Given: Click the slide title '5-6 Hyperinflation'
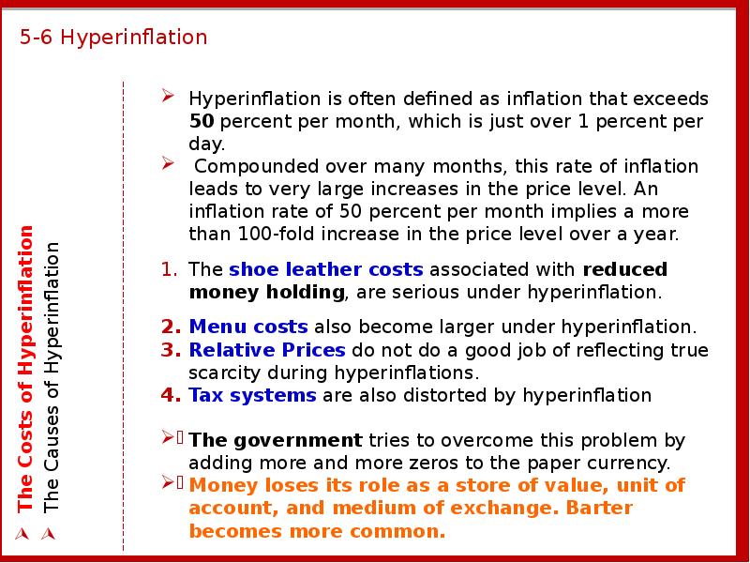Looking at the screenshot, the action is (x=113, y=38).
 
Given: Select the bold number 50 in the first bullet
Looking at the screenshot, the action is (x=202, y=121).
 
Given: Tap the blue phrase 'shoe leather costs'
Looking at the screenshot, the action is (x=325, y=269).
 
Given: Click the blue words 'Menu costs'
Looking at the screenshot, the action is (x=248, y=327).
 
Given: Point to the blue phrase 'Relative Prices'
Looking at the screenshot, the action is (x=267, y=350).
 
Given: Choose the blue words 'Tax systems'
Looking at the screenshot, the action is (x=252, y=395).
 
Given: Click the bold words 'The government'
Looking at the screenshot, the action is (x=276, y=440).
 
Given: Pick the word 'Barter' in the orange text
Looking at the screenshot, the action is (x=599, y=508).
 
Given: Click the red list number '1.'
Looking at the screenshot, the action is (x=170, y=269).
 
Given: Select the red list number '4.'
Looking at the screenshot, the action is (x=171, y=395).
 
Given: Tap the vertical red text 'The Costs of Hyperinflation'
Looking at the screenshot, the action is (x=25, y=369).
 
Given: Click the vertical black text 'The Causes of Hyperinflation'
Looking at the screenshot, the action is (x=52, y=378).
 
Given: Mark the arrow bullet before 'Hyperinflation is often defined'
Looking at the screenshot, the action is (x=168, y=96).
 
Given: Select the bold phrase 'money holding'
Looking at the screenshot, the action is (x=266, y=292).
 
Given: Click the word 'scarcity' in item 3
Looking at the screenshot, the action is (x=225, y=373).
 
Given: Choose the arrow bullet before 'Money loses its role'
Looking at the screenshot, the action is (x=168, y=482).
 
